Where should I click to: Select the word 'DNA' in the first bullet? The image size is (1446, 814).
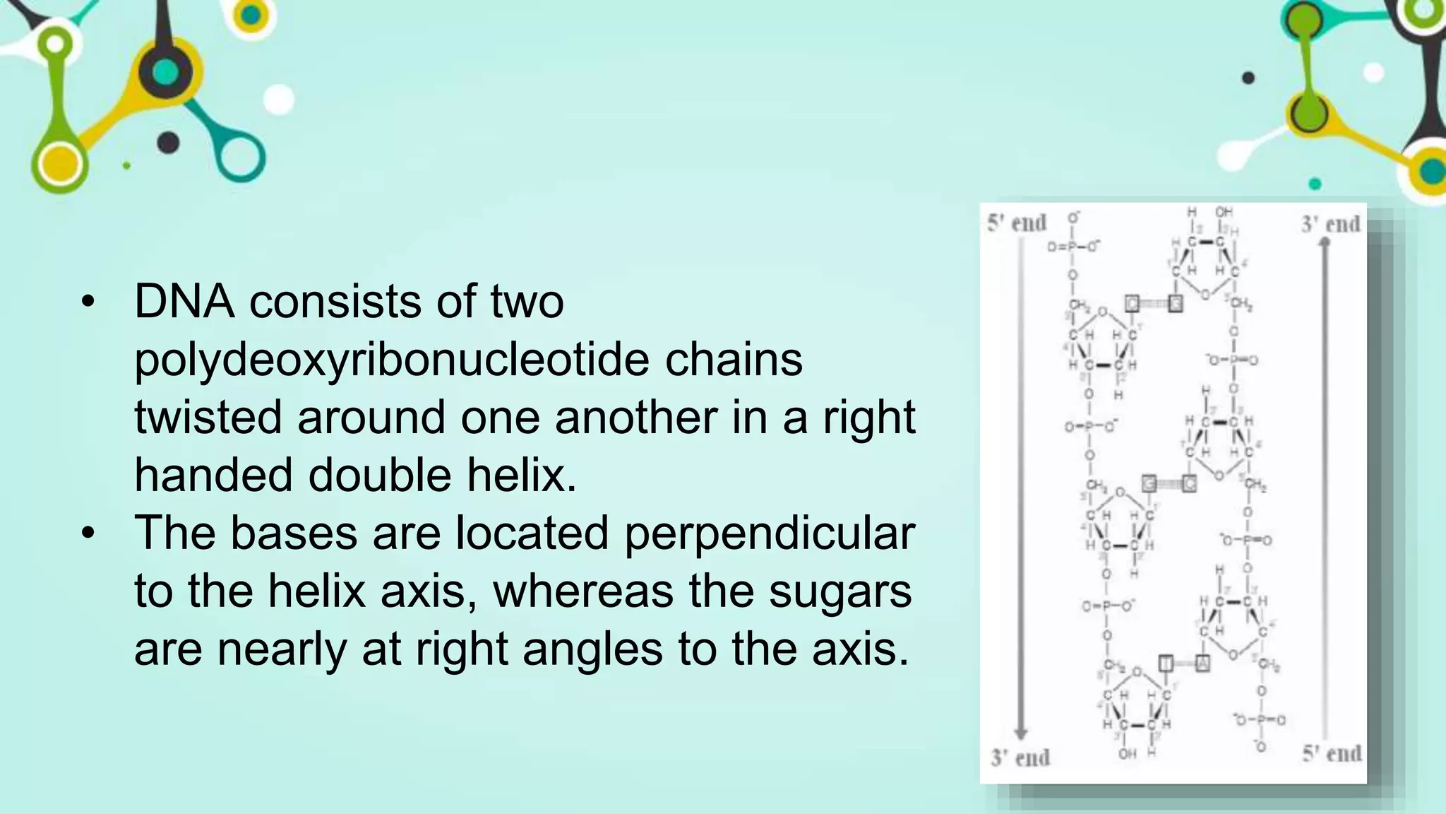click(x=184, y=302)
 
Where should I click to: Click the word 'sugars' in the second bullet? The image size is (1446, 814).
click(x=840, y=591)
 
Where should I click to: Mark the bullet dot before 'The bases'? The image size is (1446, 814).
click(x=88, y=533)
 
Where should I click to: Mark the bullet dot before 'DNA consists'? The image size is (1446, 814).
click(x=88, y=302)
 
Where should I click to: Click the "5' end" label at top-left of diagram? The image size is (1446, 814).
click(x=1017, y=223)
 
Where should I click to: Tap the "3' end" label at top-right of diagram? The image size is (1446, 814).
click(x=1331, y=224)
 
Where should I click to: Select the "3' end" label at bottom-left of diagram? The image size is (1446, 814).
click(x=1020, y=758)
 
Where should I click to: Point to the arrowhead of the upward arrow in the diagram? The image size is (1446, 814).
click(x=1325, y=243)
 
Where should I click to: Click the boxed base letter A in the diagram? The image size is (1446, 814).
click(x=1202, y=663)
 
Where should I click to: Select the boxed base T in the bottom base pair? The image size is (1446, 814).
click(x=1166, y=663)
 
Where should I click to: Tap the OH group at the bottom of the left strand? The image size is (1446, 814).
click(x=1128, y=754)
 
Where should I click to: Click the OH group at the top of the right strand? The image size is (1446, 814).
click(x=1224, y=212)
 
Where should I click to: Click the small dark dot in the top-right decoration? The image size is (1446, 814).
click(x=1248, y=78)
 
